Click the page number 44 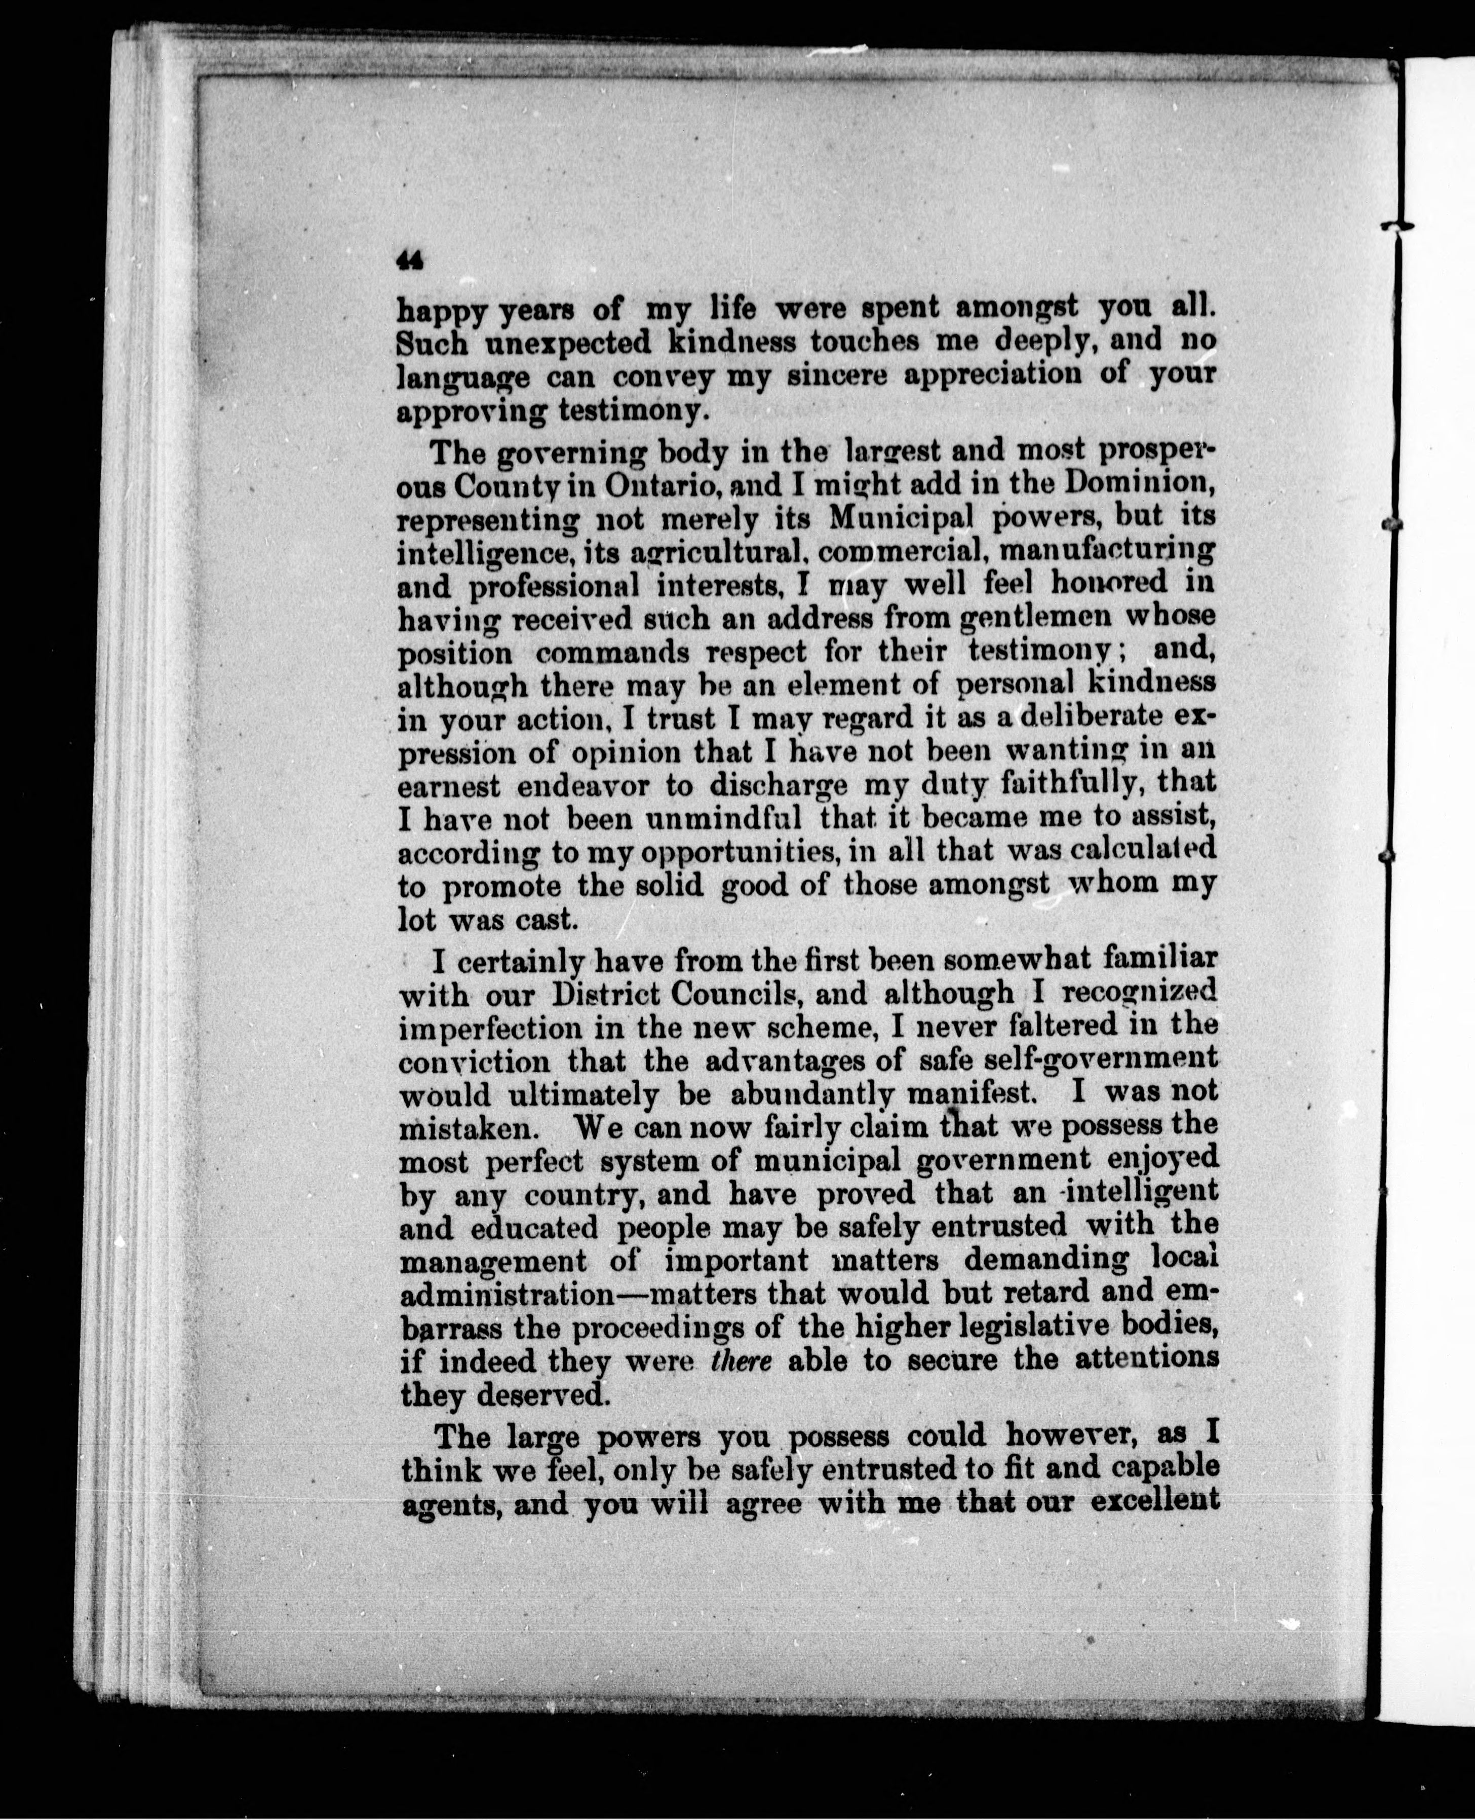(410, 261)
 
